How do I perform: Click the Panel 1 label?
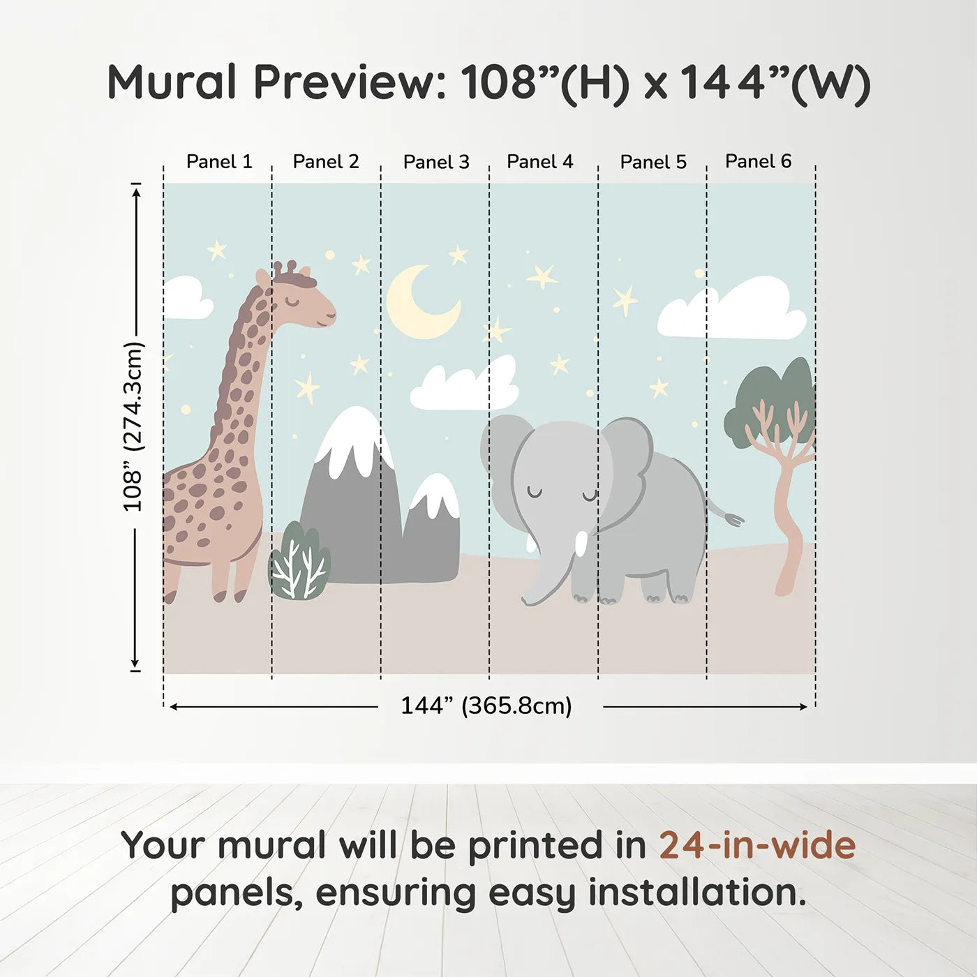218,162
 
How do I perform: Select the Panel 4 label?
539,162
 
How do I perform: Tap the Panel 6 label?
758,161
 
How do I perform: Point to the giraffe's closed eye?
292,301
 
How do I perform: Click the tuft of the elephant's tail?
734,519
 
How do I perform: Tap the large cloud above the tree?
733,311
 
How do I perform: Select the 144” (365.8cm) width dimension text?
486,706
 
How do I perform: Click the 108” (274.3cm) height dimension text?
133,426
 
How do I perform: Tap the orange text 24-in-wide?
757,846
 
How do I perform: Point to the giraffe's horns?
284,269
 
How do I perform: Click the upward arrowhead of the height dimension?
137,189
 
